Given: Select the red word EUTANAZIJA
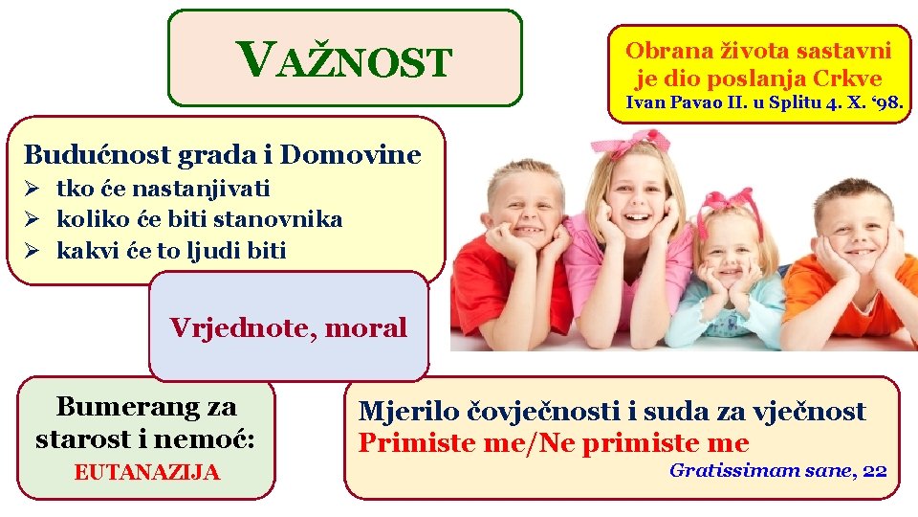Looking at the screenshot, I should [146, 472].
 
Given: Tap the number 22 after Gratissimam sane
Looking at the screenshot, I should [874, 470].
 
